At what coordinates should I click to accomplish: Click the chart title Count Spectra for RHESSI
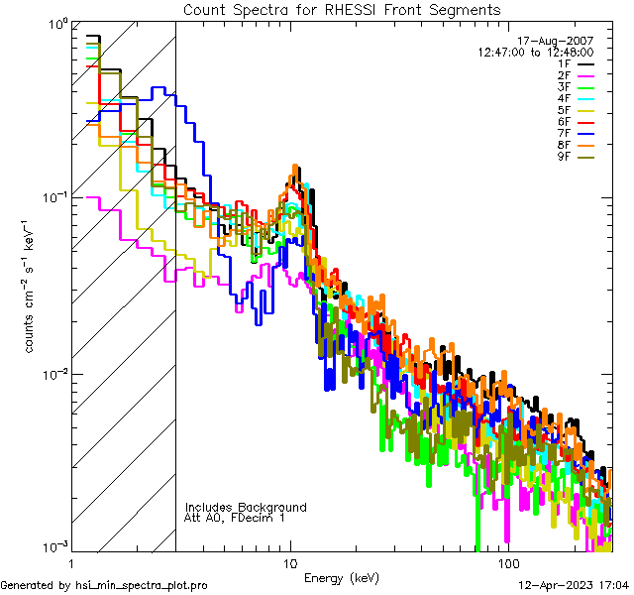point(342,10)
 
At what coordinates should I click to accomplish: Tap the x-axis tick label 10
point(289,562)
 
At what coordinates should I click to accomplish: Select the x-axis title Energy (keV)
point(342,578)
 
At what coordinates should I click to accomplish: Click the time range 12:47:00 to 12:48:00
point(536,52)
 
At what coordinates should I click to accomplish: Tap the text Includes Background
point(246,507)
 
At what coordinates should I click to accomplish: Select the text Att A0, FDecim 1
point(235,518)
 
